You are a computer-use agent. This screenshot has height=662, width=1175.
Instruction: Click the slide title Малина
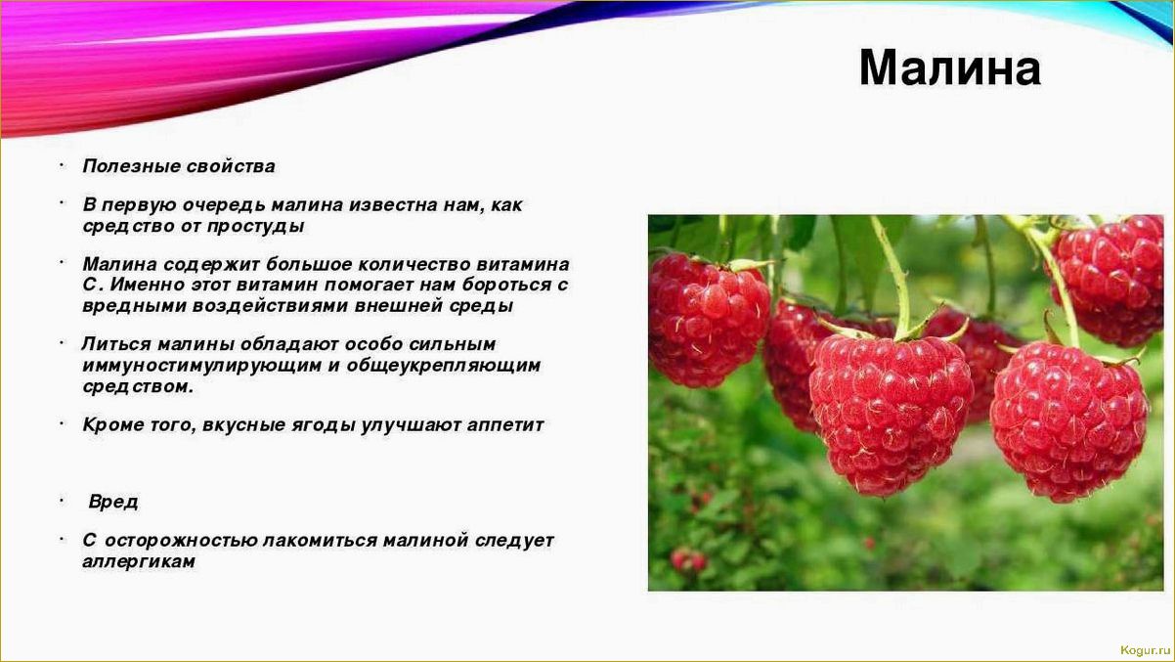(950, 68)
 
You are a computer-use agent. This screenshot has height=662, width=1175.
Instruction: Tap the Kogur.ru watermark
(1145, 650)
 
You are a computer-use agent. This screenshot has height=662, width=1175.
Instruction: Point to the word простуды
(255, 227)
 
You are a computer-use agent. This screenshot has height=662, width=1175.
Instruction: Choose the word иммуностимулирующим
(201, 365)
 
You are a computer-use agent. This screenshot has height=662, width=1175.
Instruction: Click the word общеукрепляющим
(443, 365)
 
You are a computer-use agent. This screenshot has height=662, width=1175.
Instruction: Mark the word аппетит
(504, 425)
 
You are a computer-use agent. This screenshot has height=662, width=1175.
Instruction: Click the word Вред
(113, 502)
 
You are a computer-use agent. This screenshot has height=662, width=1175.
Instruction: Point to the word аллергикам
(139, 562)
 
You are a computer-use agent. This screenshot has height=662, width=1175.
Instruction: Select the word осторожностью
(184, 541)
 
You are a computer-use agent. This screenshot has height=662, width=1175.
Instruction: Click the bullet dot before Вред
(62, 501)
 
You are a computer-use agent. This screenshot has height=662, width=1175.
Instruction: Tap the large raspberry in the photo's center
(892, 416)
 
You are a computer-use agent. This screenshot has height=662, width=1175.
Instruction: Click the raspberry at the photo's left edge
(709, 321)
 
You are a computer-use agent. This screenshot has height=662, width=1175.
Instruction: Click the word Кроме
(112, 425)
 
